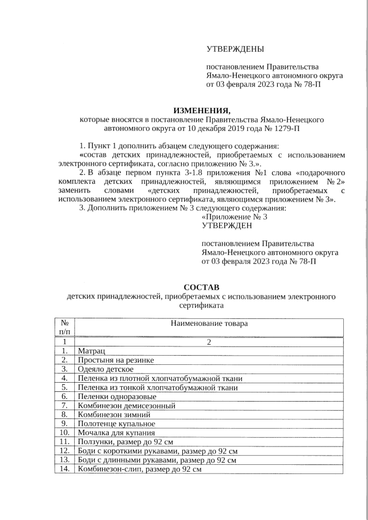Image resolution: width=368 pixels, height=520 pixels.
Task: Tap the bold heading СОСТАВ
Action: point(201,287)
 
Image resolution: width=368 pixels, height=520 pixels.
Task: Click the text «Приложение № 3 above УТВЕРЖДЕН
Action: point(235,217)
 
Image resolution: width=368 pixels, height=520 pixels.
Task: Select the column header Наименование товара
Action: point(209,323)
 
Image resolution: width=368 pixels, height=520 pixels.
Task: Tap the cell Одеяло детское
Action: point(106,369)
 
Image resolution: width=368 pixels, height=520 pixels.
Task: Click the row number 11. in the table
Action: point(64,442)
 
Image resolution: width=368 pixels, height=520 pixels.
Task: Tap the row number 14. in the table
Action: point(64,469)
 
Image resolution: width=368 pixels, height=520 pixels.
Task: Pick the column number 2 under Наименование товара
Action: point(209,342)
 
